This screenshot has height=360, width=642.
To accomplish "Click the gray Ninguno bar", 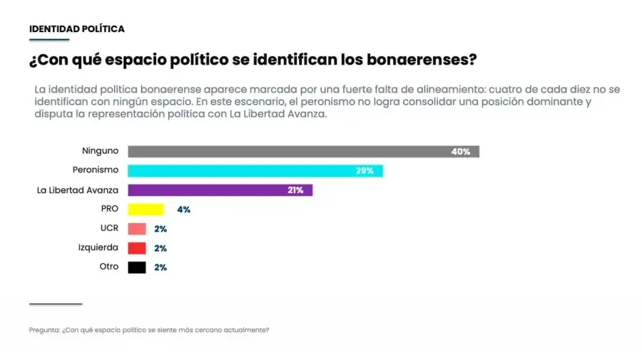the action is tap(303, 151).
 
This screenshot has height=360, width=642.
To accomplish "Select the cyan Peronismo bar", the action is tap(255, 170).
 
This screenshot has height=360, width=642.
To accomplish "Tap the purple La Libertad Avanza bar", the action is tap(220, 190).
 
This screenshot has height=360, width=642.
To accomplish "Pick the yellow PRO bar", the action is tap(146, 210).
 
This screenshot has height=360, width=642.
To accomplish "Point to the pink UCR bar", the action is tap(137, 229).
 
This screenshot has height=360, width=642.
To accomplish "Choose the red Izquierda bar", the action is tap(137, 248).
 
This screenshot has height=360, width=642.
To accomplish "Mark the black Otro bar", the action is tap(137, 267).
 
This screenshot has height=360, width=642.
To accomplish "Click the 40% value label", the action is tap(461, 152).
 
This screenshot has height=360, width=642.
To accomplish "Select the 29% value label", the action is tap(365, 170).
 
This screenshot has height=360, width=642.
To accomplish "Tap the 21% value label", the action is tap(295, 190).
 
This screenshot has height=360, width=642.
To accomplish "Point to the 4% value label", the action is tap(183, 210).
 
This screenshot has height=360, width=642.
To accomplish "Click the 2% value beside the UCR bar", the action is tap(160, 229).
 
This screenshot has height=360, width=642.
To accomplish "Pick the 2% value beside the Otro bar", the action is tap(160, 267).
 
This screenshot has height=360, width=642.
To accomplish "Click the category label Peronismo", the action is tap(96, 170).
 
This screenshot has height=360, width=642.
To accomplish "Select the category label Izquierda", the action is tap(98, 247).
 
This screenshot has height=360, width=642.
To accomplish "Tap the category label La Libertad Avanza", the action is tap(77, 190).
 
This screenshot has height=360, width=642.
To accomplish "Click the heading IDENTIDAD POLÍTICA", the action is tap(77, 29).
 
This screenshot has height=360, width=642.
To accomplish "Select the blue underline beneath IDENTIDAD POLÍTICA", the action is tap(49, 40).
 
